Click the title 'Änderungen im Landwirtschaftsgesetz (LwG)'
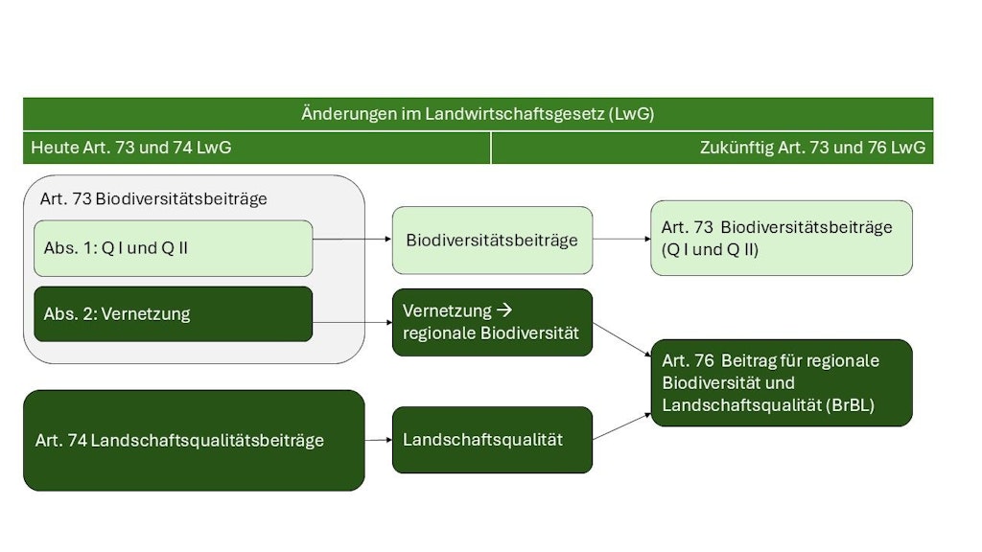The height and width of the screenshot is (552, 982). [x=478, y=114]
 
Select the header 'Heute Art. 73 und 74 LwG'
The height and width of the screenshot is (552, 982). [x=131, y=148]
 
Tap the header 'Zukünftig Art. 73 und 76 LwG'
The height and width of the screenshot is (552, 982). [x=812, y=148]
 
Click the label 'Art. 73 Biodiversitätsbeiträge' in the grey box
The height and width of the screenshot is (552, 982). [x=153, y=199]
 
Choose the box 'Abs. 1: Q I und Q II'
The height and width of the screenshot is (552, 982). [x=174, y=248]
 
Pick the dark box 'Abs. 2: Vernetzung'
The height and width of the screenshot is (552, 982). [x=174, y=313]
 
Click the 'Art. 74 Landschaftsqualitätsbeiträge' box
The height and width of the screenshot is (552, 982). [x=194, y=440]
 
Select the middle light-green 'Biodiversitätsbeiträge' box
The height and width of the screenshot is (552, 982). [x=492, y=240]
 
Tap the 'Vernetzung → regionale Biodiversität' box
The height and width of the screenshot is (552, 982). [x=492, y=322]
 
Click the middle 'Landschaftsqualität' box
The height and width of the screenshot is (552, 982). [x=492, y=440]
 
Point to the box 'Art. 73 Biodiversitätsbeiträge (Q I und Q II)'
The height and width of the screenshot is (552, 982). [x=782, y=238]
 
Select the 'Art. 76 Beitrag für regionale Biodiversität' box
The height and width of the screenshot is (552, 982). [x=782, y=382]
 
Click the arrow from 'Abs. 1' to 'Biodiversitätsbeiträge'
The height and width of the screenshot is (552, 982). [x=352, y=239]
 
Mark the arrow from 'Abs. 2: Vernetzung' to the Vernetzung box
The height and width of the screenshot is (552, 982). [x=352, y=322]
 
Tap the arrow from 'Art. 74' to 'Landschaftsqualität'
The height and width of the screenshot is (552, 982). [x=378, y=440]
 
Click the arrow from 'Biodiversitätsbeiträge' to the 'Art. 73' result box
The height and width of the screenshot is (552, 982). [x=620, y=239]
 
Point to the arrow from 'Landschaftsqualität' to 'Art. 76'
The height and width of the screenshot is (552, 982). [x=621, y=426]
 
